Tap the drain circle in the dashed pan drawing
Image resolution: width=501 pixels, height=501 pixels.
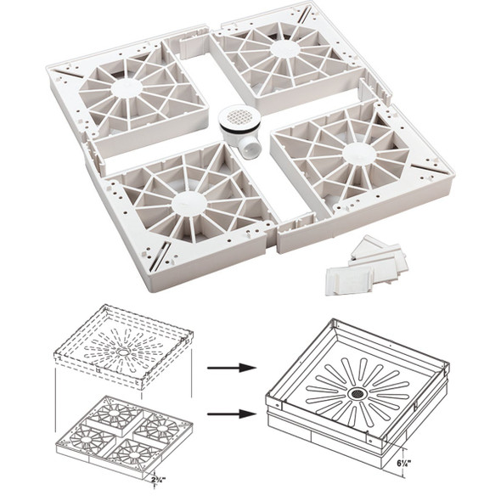click(x=124, y=350)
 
